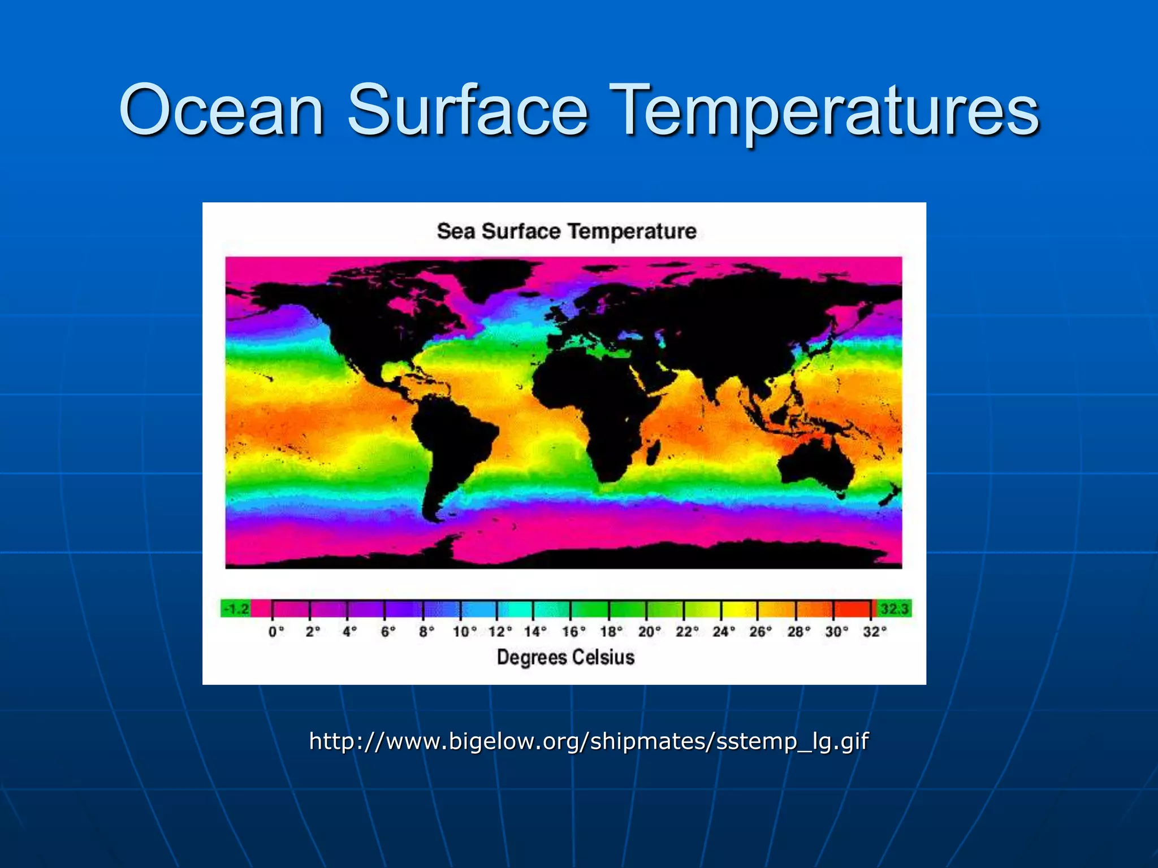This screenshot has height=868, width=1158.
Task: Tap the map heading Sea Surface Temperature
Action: [567, 232]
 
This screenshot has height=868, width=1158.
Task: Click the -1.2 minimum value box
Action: [236, 609]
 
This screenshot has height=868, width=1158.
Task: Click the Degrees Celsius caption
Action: [565, 657]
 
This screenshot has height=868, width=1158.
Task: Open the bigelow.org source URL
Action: [588, 741]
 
